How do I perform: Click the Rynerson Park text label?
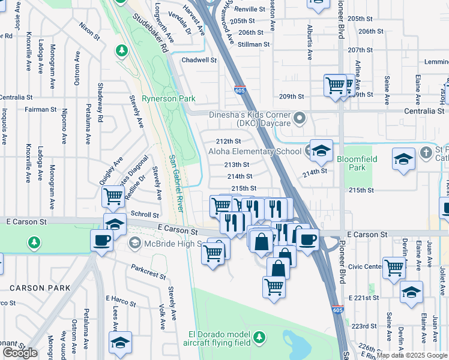pos(160,98)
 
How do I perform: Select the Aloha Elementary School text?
pos(255,152)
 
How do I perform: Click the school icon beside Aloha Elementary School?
pos(321,151)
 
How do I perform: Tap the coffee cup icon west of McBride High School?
pos(101,241)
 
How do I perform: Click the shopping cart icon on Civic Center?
pos(394,266)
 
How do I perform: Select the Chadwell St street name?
pos(199,60)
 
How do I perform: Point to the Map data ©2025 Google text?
pos(412,355)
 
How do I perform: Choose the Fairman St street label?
pos(41,110)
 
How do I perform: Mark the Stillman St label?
pos(253,44)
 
